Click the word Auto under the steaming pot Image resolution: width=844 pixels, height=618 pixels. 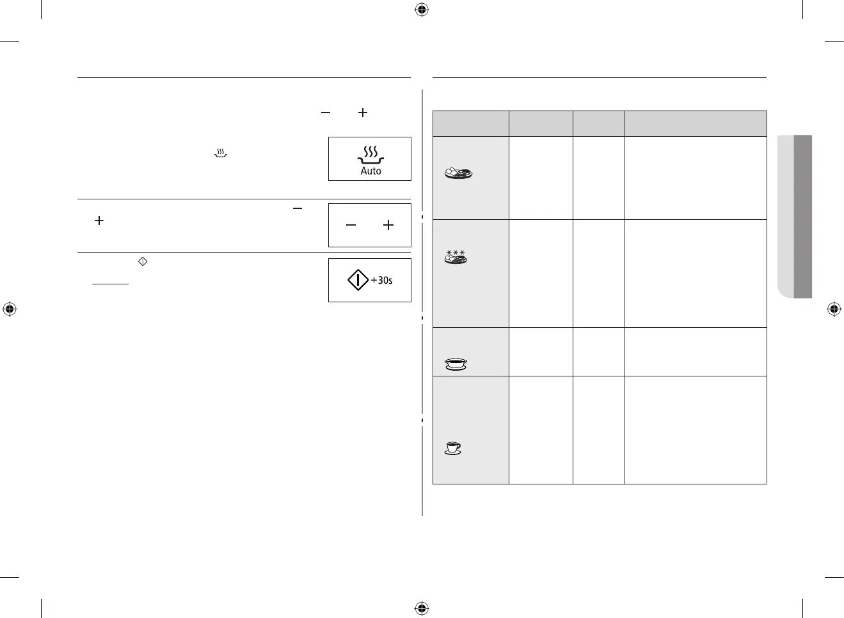(x=370, y=171)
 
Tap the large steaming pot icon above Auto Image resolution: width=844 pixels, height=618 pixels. (x=370, y=155)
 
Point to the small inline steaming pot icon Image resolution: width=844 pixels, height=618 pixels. (x=220, y=153)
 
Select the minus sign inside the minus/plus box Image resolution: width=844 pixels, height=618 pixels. (x=351, y=226)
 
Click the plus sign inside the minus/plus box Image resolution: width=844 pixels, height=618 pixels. (x=388, y=226)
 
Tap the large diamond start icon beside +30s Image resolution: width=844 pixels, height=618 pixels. (x=358, y=280)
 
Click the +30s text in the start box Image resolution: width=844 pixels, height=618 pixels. (x=382, y=281)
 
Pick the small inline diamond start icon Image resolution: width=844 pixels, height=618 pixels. (x=143, y=261)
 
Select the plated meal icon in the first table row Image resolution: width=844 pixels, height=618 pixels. (x=458, y=173)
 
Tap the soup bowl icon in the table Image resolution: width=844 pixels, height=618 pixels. (x=456, y=364)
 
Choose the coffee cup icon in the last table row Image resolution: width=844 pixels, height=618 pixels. (x=453, y=449)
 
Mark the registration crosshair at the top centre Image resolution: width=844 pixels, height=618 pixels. (x=422, y=10)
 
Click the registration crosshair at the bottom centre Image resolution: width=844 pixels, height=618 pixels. (x=422, y=608)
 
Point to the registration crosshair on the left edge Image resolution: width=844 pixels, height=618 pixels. (x=10, y=309)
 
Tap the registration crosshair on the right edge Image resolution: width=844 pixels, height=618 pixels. (x=834, y=309)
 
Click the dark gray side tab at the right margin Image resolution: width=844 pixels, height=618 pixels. (x=803, y=216)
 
